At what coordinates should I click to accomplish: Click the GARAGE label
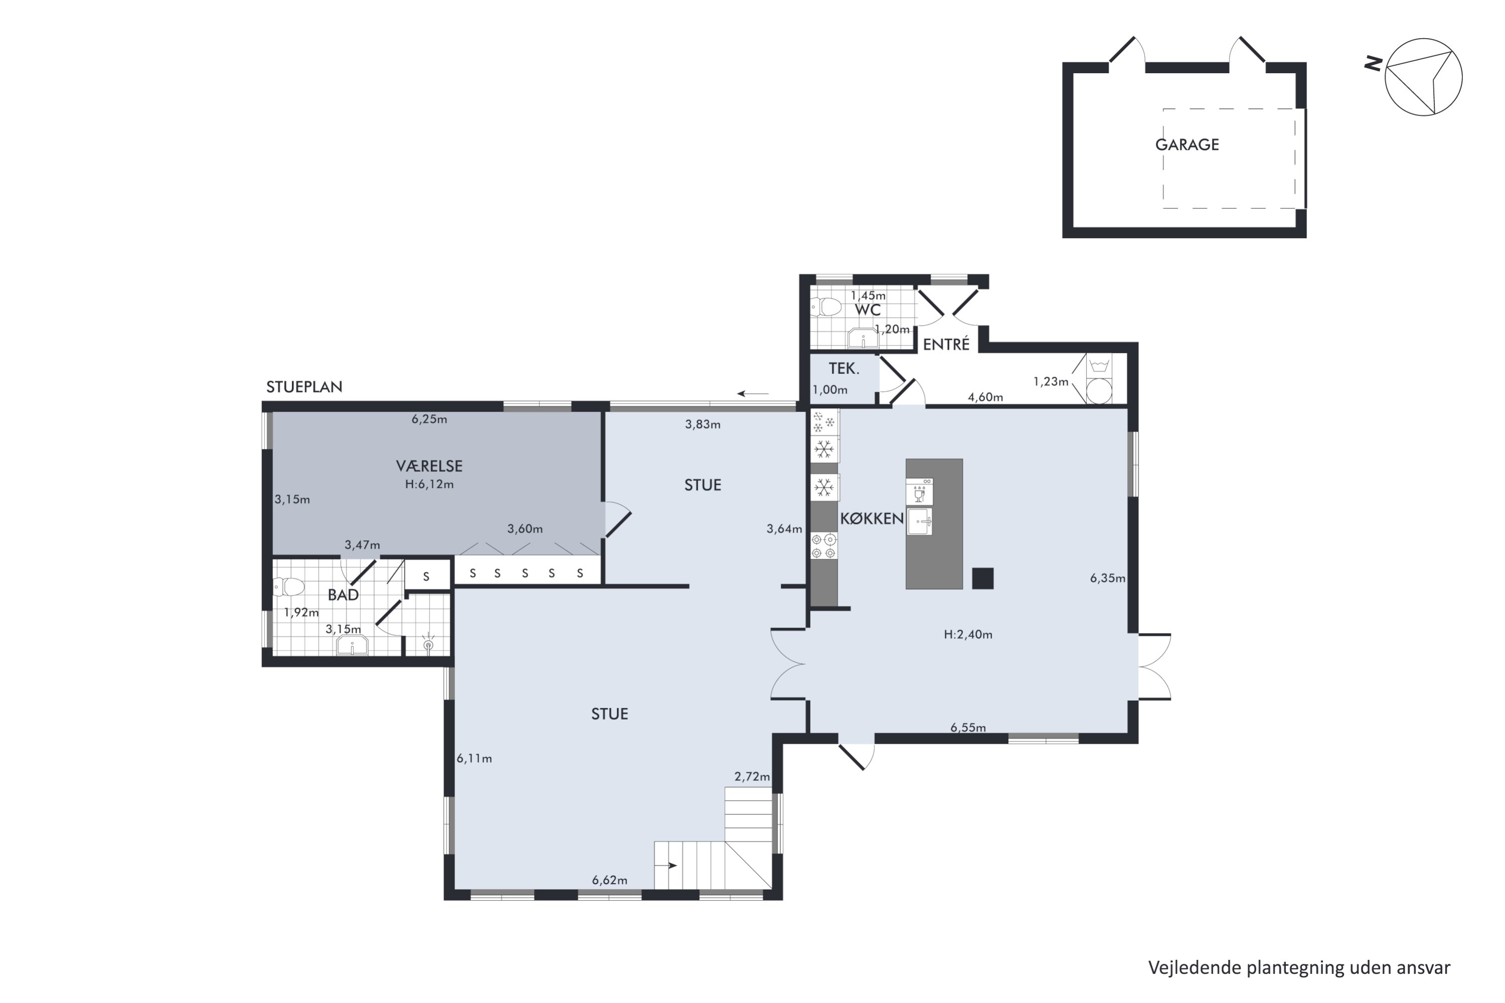tap(1187, 144)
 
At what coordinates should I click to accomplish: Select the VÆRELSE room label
tap(429, 466)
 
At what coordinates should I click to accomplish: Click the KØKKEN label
tap(871, 519)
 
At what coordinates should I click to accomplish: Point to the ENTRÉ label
tap(946, 345)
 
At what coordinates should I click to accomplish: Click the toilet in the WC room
tap(826, 307)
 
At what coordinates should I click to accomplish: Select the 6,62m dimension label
tap(609, 880)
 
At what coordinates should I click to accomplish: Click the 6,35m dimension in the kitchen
tap(1108, 578)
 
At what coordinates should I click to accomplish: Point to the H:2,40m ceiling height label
tap(968, 634)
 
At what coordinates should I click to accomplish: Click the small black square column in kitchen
tap(983, 578)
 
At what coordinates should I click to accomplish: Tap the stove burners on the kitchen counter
tap(824, 546)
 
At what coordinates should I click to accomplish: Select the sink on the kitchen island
tap(920, 522)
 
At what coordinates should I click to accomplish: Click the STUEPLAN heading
tap(305, 387)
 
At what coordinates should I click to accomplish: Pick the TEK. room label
tap(844, 369)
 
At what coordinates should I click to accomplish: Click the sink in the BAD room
tap(352, 645)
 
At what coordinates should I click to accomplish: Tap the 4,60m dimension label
tap(985, 397)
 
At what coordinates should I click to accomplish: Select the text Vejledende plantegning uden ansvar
tap(1299, 968)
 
